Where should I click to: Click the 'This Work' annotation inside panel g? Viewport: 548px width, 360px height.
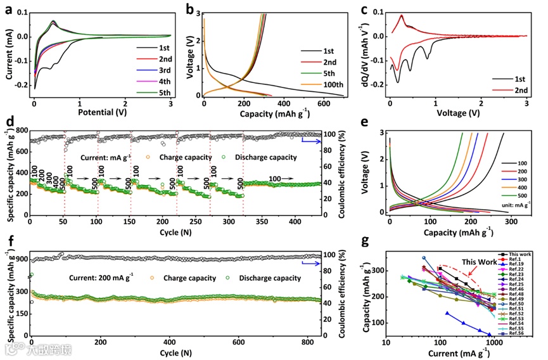coord(479,261)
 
